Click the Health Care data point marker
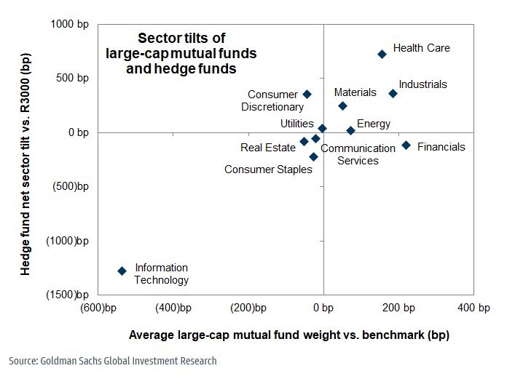coord(382,54)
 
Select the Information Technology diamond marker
coord(122,271)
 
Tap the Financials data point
coord(406,145)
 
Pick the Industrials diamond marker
coord(393,93)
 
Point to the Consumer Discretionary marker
coord(307,94)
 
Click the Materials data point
coord(342,105)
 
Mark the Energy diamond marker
coord(350,130)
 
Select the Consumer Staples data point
coord(313,156)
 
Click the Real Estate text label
coord(268,148)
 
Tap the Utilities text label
coord(297,124)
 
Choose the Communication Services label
coord(358,154)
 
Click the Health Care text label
coord(422,48)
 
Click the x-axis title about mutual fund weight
coord(288,335)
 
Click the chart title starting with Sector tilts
coord(181,54)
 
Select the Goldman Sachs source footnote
coord(113,361)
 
